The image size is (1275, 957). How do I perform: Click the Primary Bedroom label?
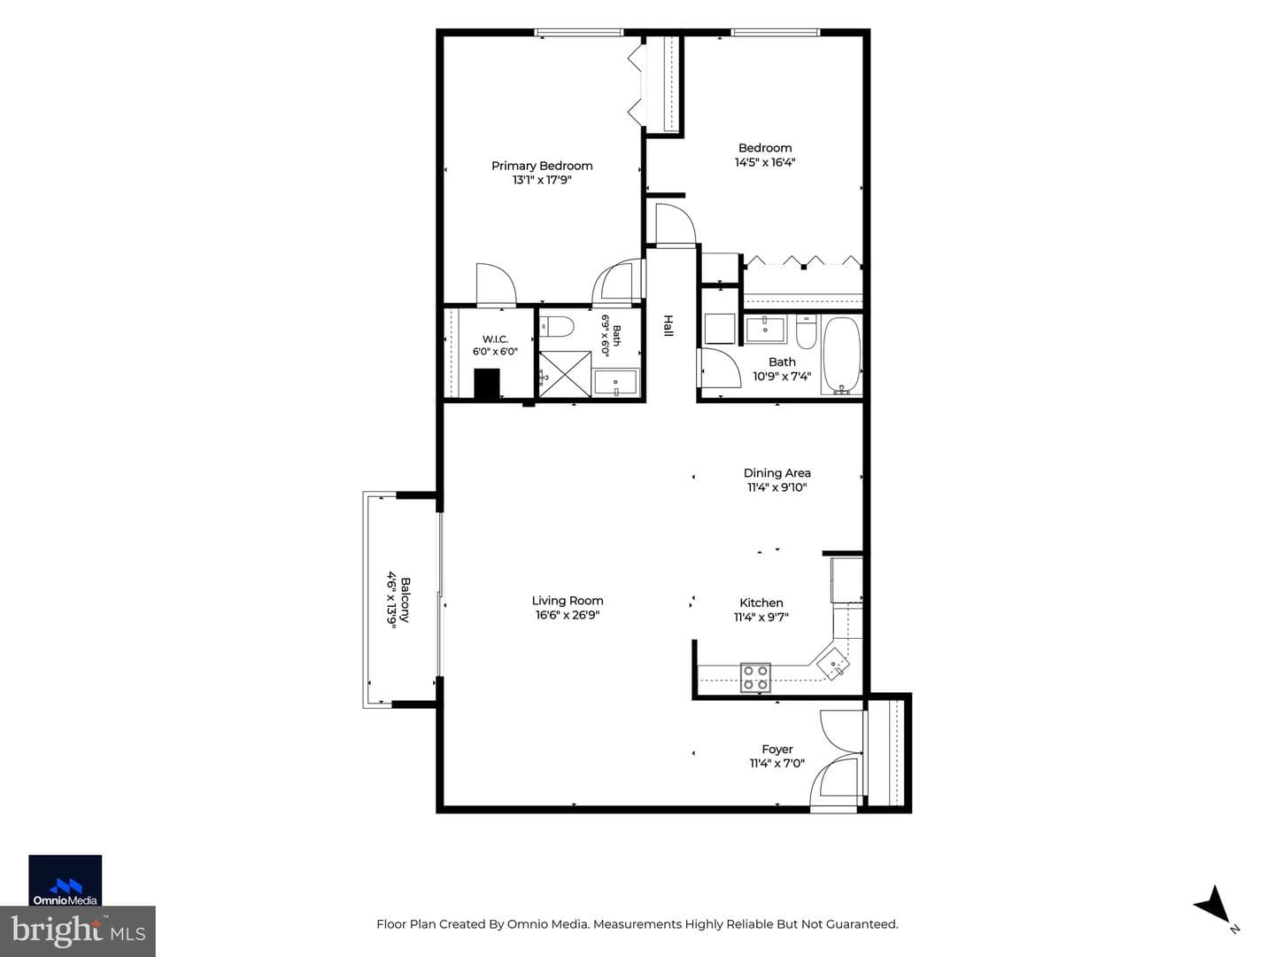click(541, 166)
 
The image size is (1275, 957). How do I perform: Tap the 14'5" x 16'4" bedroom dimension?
click(764, 162)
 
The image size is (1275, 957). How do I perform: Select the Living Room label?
click(567, 600)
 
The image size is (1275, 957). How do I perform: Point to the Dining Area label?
click(777, 472)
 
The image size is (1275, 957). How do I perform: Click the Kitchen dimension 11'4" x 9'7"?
click(761, 617)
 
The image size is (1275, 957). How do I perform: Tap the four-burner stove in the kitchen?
click(755, 677)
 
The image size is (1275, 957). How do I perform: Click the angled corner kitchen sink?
click(833, 662)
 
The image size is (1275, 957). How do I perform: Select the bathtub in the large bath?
click(840, 355)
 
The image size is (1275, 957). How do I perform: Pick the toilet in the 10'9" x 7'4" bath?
click(806, 331)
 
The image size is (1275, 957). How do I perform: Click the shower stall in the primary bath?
click(565, 374)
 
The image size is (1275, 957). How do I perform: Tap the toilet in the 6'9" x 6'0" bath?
click(556, 327)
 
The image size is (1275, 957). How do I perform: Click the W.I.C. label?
click(495, 338)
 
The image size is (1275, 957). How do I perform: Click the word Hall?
click(668, 325)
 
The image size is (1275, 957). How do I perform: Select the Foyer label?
click(777, 749)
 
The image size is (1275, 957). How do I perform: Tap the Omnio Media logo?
click(65, 880)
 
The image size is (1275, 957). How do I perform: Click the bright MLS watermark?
click(78, 930)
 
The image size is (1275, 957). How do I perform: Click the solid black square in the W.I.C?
click(487, 384)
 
